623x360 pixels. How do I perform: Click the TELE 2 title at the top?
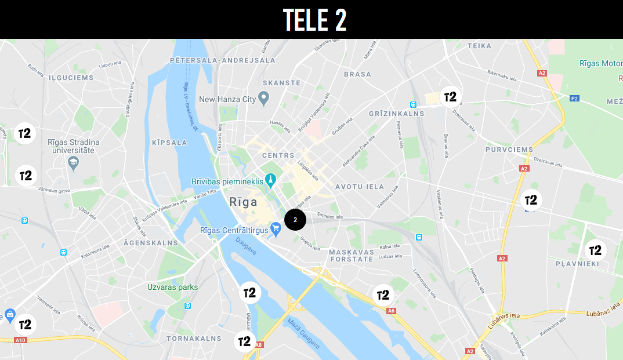[x=315, y=20]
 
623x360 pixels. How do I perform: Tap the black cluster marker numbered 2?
[x=295, y=220]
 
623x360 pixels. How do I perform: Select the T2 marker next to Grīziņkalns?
[x=450, y=97]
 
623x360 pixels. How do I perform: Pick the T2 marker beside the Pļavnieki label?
[x=595, y=250]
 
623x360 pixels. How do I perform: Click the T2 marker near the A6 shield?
[x=383, y=295]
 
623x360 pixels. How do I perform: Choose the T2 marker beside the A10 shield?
[x=26, y=324]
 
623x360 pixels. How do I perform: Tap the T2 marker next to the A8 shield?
[x=245, y=341]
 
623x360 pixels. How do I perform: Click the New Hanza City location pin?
[x=263, y=99]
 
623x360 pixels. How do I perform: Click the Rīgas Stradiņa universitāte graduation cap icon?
[x=73, y=164]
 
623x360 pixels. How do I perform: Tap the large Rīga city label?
[x=244, y=202]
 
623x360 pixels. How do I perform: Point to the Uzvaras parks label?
[x=172, y=287]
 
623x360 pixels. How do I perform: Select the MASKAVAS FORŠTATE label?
[x=351, y=256]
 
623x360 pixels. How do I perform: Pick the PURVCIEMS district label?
[x=509, y=150]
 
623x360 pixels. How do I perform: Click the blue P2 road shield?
[x=574, y=99]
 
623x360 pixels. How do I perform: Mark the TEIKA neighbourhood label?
[x=479, y=46]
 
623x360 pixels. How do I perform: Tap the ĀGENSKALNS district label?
[x=150, y=243]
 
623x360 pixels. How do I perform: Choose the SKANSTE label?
[x=281, y=83]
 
